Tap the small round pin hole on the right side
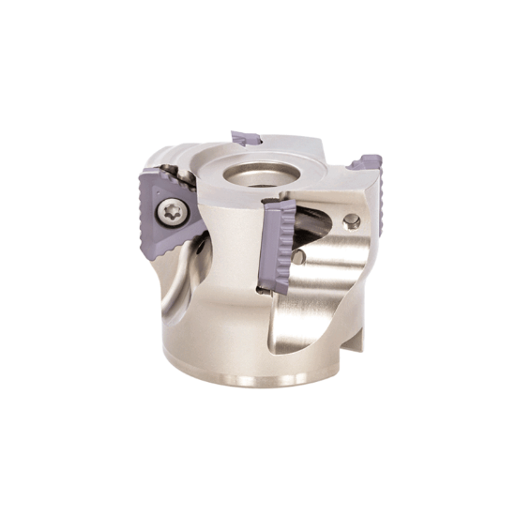coord(351,220)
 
